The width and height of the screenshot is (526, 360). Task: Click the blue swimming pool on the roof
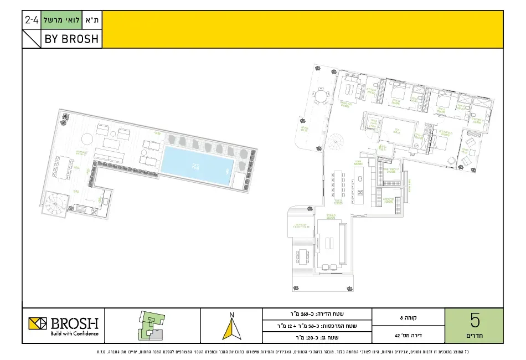[x=197, y=166]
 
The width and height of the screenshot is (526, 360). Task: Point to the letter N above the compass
[x=232, y=315]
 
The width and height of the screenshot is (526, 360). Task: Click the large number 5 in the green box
[x=475, y=321]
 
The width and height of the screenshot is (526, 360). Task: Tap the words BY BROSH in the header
[x=73, y=39]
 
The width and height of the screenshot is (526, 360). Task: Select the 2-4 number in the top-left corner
[x=32, y=20]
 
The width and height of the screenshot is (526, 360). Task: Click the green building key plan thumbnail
[x=152, y=325]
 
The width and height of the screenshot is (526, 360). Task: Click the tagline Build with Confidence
[x=74, y=333]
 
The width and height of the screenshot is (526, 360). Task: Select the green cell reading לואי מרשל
[x=61, y=20]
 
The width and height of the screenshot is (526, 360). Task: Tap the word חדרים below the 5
[x=475, y=336]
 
